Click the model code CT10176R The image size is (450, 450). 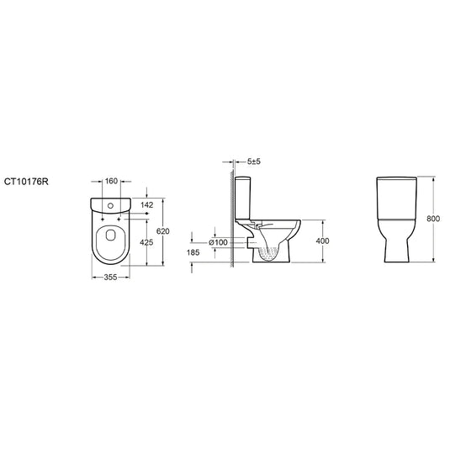pos(26,182)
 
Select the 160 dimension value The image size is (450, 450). pos(111,181)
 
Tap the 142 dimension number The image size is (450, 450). pos(146,205)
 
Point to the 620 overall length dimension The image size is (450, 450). pos(163,231)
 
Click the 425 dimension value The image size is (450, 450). pos(146,242)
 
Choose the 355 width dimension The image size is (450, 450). pos(110,278)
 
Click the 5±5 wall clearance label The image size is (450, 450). pos(254,161)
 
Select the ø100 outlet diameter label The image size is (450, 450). pos(218,242)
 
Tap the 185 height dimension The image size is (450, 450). pos(193,252)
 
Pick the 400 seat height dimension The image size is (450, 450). pos(322,241)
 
